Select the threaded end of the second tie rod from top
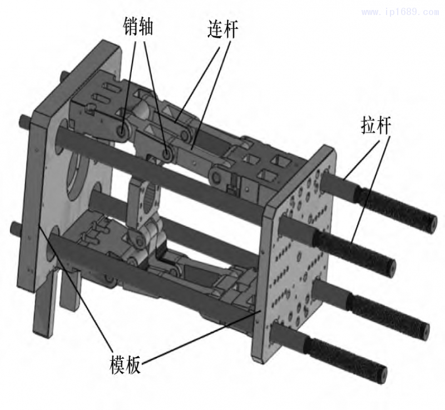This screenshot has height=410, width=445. tap(362, 252)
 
